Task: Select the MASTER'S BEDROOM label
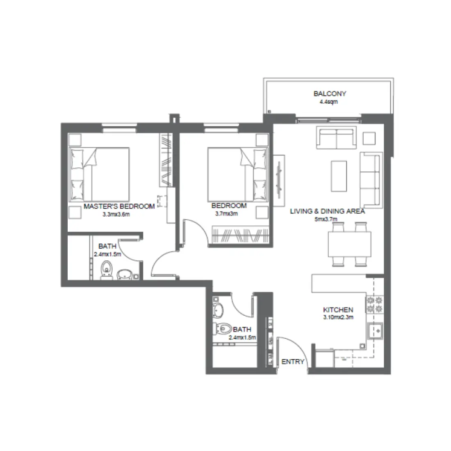pyautogui.click(x=119, y=206)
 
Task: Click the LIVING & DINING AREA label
pyautogui.click(x=327, y=212)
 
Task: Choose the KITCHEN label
pyautogui.click(x=338, y=310)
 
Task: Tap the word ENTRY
pyautogui.click(x=293, y=362)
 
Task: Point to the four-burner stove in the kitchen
pyautogui.click(x=375, y=304)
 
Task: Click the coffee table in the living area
pyautogui.click(x=339, y=175)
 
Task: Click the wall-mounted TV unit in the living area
pyautogui.click(x=280, y=180)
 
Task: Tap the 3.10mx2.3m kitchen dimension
pyautogui.click(x=338, y=317)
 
